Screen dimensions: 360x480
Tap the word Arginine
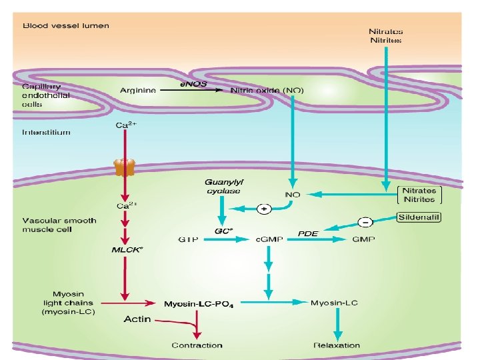pyautogui.click(x=138, y=90)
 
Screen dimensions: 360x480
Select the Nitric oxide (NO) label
pyautogui.click(x=266, y=90)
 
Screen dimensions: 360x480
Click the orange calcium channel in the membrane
pyautogui.click(x=124, y=167)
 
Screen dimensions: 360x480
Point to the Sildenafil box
pyautogui.click(x=419, y=217)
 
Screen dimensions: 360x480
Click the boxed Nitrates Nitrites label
pyautogui.click(x=419, y=195)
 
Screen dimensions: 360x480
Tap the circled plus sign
pyautogui.click(x=264, y=209)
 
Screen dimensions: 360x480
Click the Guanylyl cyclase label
pyautogui.click(x=223, y=186)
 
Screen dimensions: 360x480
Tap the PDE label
pyautogui.click(x=307, y=233)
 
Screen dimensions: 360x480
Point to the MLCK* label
pyautogui.click(x=127, y=250)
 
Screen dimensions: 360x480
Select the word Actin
pyautogui.click(x=138, y=319)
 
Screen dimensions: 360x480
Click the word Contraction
pyautogui.click(x=197, y=345)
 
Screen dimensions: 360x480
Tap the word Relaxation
pyautogui.click(x=337, y=345)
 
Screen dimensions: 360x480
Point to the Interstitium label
pyautogui.click(x=46, y=132)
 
